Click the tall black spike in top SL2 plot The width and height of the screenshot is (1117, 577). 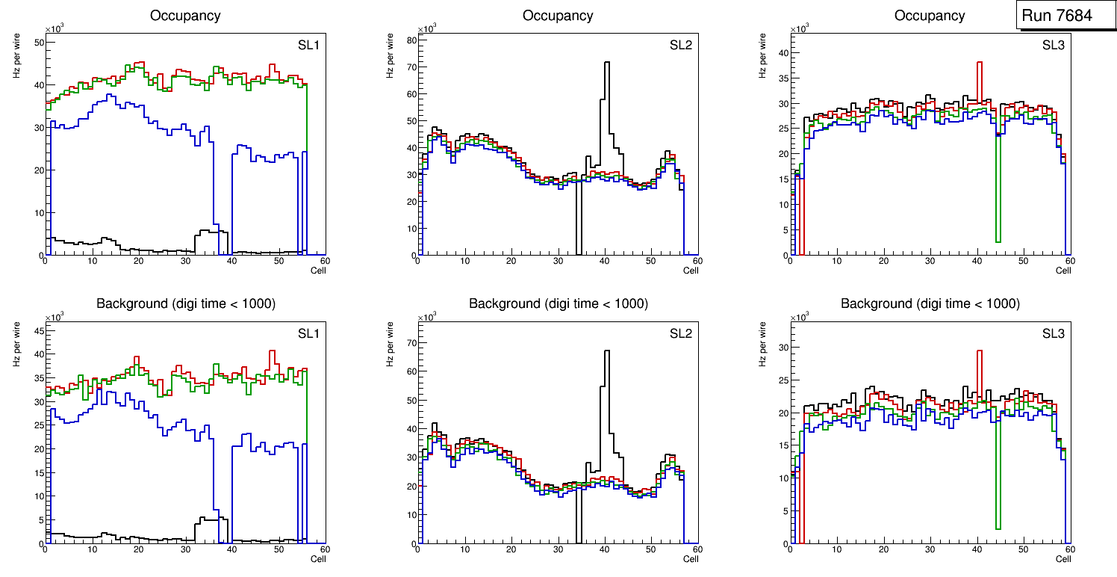coord(607,64)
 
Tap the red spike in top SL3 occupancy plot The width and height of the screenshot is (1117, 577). coord(979,63)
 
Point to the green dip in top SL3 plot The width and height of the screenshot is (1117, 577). coord(998,241)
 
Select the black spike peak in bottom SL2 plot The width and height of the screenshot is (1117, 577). coord(607,352)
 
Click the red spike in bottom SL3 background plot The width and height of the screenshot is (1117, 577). coord(979,351)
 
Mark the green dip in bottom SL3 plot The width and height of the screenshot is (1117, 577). coord(998,528)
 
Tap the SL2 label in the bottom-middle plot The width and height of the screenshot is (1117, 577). coord(680,334)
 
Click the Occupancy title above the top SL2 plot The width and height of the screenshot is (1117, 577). coord(558,16)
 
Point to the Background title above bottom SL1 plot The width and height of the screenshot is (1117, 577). coord(185,304)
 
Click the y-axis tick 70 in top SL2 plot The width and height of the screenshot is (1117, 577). coord(409,67)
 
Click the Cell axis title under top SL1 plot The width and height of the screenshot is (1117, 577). coord(318,271)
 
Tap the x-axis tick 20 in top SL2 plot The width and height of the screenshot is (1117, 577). coord(511,261)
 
